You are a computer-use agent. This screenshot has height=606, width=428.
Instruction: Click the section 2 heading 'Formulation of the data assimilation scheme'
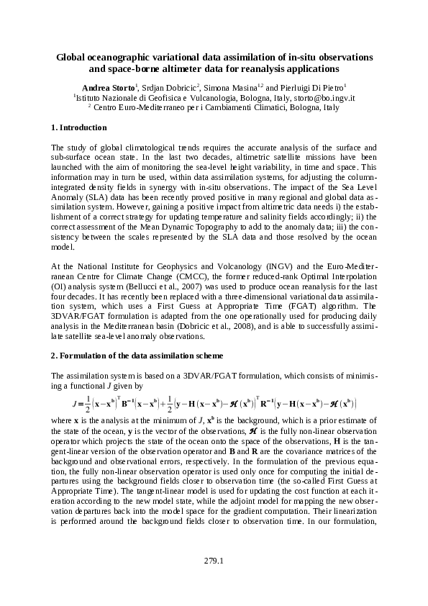[x=141, y=356]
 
